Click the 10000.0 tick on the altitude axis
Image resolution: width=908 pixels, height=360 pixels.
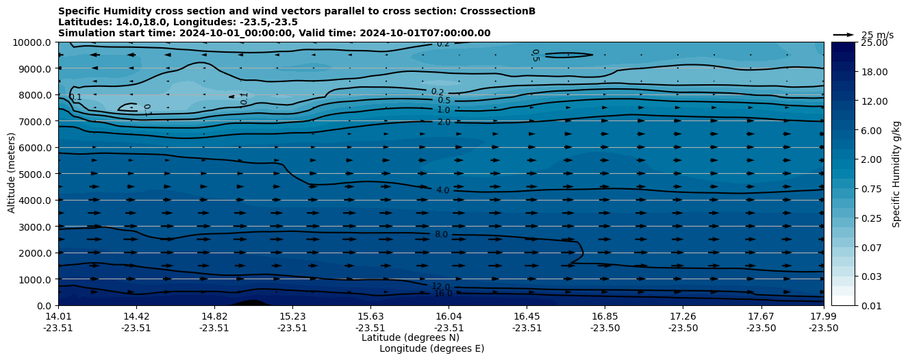[x=34, y=42]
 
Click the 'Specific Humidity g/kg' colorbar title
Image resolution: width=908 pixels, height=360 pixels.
[x=897, y=174]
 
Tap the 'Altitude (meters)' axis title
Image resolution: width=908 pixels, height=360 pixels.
[x=12, y=174]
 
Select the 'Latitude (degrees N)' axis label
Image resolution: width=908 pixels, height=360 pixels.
[x=410, y=337]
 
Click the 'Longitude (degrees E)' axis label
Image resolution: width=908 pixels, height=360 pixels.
[x=431, y=348]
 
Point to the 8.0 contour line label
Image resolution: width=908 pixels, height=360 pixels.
[x=442, y=235]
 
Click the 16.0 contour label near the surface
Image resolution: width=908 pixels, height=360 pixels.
[x=443, y=294]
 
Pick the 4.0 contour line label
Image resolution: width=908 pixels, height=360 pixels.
[x=443, y=190]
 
